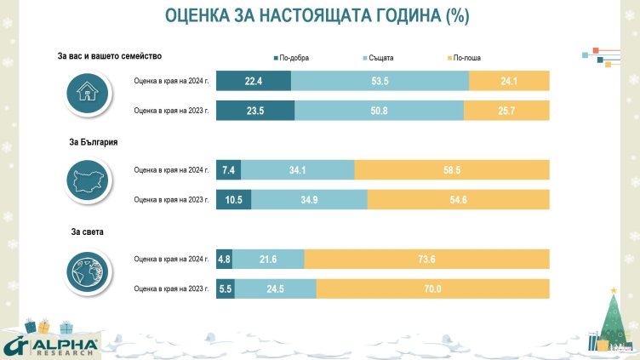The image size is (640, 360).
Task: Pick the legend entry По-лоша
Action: (466, 57)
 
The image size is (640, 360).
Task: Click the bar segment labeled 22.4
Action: (254, 81)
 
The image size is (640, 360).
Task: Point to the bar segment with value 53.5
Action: (380, 81)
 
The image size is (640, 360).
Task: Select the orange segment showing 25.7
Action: (506, 111)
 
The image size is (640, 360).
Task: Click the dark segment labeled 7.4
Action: (228, 169)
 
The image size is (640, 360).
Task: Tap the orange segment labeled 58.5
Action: (452, 169)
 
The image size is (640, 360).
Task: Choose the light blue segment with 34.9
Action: (310, 199)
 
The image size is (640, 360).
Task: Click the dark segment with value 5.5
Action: (226, 289)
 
